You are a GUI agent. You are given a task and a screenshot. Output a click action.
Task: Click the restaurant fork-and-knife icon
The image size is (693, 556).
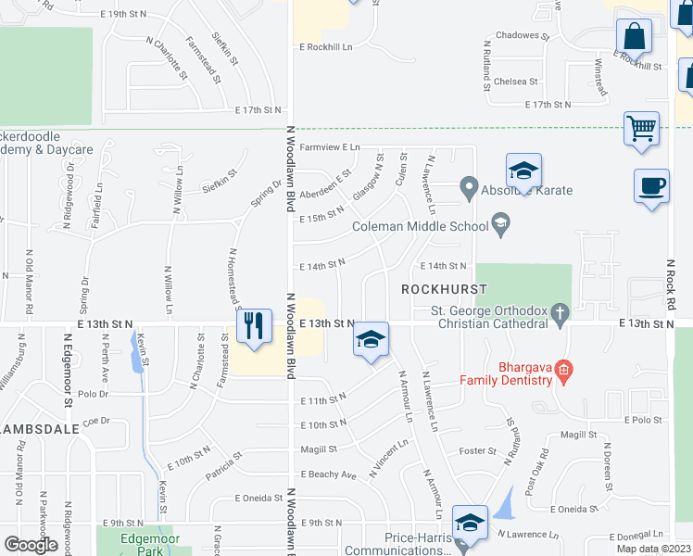click(x=253, y=326)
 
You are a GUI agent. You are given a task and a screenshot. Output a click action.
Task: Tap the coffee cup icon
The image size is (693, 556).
click(x=651, y=185)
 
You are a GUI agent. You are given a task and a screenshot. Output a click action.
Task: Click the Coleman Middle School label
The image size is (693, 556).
click(x=420, y=225)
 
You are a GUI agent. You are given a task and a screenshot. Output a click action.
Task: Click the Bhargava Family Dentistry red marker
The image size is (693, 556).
click(x=563, y=373)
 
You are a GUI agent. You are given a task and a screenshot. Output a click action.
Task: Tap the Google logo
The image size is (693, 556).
click(x=31, y=544)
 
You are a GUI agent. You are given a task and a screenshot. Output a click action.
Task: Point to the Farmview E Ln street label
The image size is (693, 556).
click(x=329, y=147)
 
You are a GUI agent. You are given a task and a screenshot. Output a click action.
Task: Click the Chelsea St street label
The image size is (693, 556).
click(x=516, y=82)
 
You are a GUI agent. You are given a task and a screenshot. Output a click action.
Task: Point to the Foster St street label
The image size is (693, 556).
click(x=479, y=451)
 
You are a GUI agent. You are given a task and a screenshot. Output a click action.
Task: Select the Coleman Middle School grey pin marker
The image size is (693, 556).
click(x=501, y=222)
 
